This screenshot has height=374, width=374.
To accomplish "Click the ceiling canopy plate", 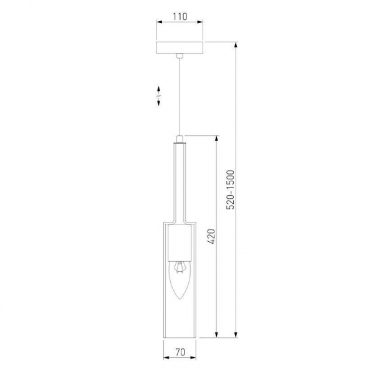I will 180,48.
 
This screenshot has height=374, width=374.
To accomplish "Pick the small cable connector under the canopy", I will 180,57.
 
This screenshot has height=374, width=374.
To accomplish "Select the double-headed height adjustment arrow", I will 158,95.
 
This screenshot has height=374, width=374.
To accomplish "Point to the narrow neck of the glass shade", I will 180,181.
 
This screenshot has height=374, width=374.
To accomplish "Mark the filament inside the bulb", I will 180,268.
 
